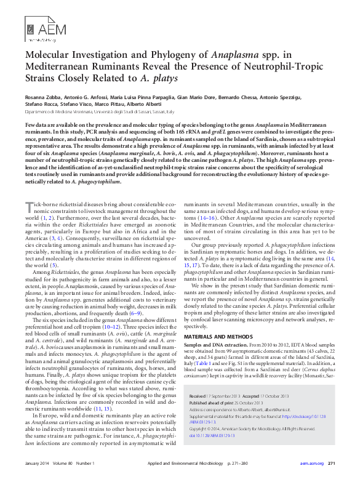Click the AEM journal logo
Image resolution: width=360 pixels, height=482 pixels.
tap(39, 29)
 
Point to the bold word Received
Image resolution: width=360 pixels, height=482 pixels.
tap(198, 396)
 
